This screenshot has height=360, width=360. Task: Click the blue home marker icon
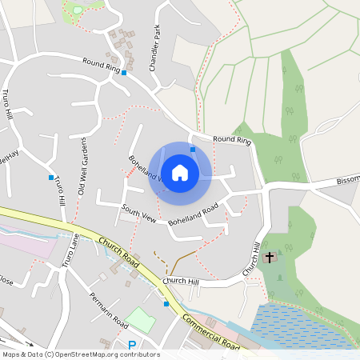click(x=180, y=172)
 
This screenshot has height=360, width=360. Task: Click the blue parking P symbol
click(x=134, y=345)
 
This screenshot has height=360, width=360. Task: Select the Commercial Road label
click(x=210, y=330)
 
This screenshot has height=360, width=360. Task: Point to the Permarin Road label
click(x=110, y=310)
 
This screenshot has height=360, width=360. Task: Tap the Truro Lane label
click(x=70, y=249)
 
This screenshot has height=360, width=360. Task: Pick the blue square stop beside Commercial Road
click(x=166, y=304)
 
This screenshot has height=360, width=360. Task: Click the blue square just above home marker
click(x=193, y=148)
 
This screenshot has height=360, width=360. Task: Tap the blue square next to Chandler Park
click(x=124, y=72)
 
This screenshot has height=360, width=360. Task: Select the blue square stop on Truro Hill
click(x=51, y=178)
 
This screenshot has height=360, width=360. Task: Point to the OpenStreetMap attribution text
click(x=80, y=354)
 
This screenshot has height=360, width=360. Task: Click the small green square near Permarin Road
click(x=139, y=319)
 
